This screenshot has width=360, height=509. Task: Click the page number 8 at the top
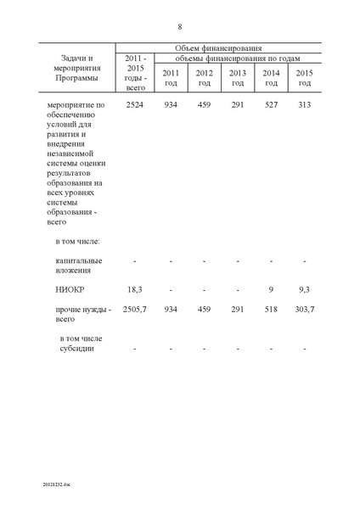180,26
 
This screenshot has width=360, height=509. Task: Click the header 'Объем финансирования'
218,49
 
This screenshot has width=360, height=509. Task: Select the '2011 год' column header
171,77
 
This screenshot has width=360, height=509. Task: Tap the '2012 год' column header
204,77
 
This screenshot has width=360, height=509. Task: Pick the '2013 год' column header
238,77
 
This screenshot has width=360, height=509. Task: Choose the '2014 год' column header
271,77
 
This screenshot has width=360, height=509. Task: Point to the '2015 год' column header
304,77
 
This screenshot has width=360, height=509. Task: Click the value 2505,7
136,310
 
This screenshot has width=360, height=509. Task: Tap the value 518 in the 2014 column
271,310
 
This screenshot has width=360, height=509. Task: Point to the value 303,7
304,310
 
